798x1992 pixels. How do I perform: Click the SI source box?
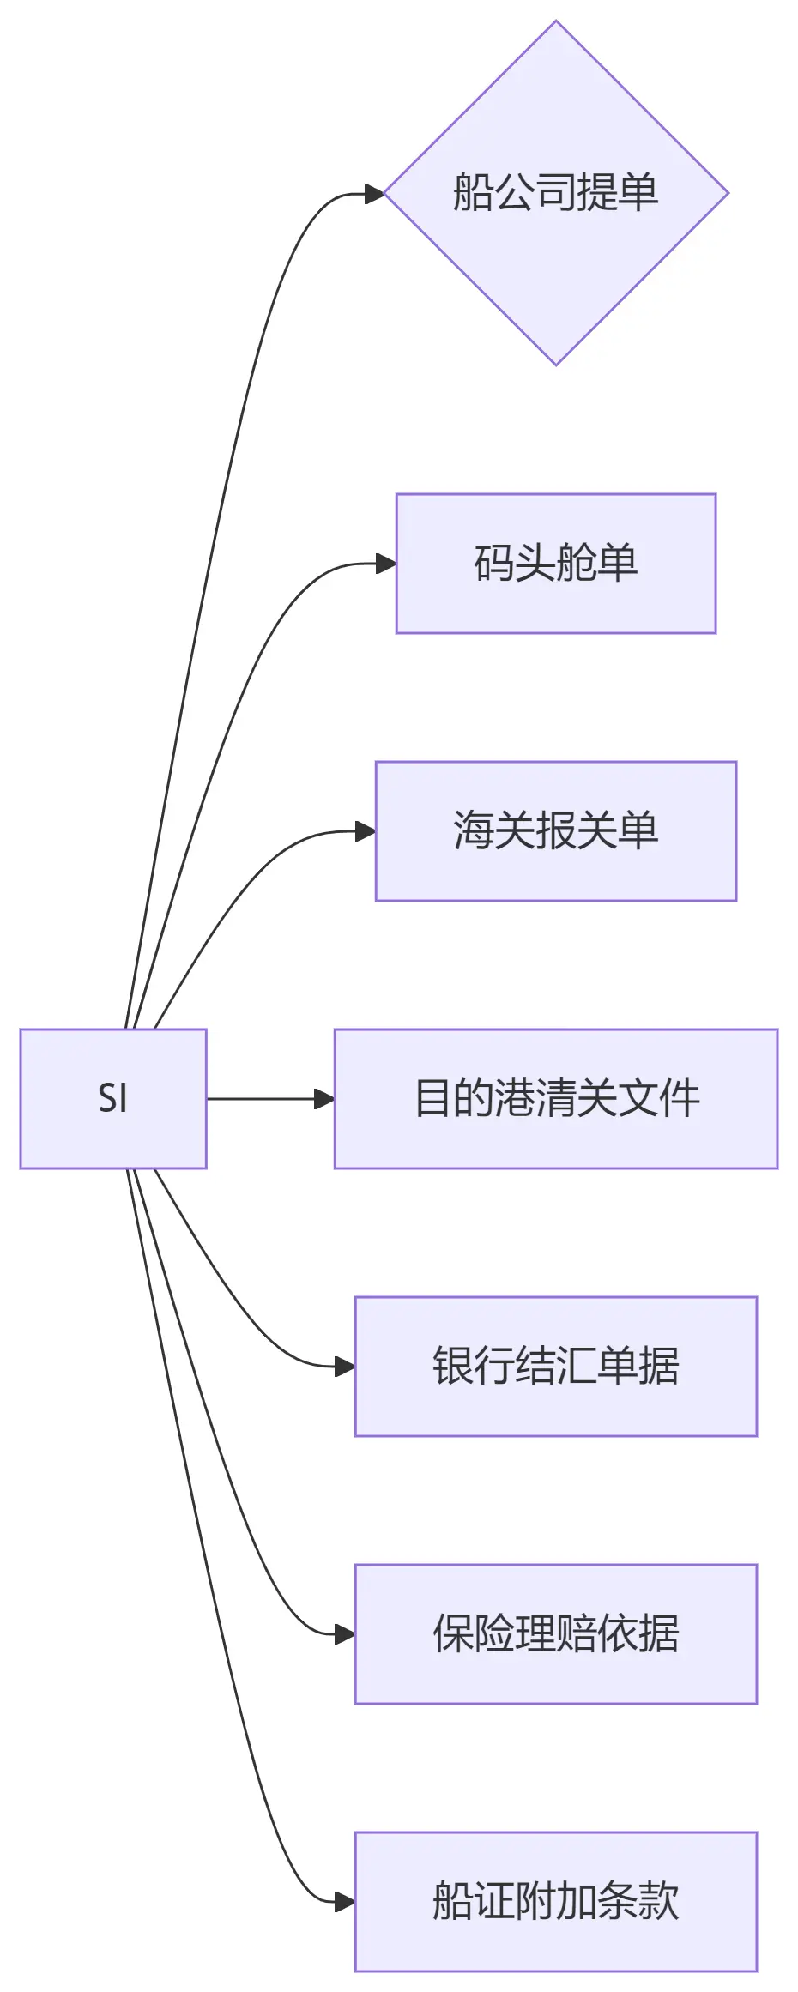(x=113, y=1098)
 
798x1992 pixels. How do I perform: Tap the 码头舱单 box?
(x=556, y=564)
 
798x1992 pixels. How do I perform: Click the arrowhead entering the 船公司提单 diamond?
(x=374, y=194)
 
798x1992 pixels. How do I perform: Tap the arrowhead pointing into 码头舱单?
(x=386, y=564)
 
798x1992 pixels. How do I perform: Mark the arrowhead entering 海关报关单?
(x=366, y=831)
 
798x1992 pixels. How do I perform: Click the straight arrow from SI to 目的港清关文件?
(x=266, y=1098)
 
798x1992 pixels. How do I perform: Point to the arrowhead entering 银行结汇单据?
(x=345, y=1366)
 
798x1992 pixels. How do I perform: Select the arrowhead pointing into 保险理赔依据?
(x=345, y=1633)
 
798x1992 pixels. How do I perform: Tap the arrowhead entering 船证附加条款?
(x=345, y=1902)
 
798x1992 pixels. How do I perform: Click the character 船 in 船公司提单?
(x=473, y=192)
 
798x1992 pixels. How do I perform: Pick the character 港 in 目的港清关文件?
(x=516, y=1099)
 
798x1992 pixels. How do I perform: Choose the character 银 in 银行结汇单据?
(x=452, y=1366)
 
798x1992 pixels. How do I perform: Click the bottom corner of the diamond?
(x=556, y=364)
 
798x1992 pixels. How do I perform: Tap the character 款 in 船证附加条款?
(x=659, y=1902)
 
